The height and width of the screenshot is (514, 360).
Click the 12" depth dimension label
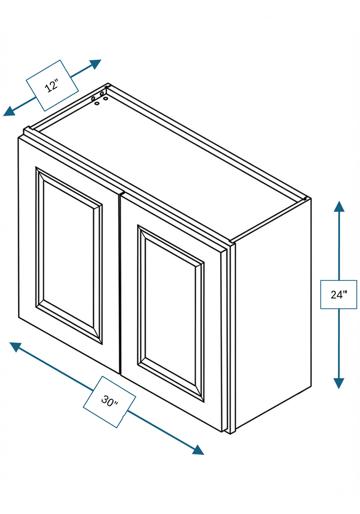point(52,85)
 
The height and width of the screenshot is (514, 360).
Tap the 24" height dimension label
point(339,294)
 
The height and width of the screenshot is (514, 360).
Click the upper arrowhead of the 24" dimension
point(339,206)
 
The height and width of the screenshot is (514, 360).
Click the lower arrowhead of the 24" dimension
point(339,383)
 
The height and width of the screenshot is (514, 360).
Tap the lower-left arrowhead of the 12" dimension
point(9,112)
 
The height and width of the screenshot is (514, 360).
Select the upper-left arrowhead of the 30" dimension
point(15,347)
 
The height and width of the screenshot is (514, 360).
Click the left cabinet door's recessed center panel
point(68,254)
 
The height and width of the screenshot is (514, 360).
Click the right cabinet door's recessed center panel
point(170,312)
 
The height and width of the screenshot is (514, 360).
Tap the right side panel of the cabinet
point(273,314)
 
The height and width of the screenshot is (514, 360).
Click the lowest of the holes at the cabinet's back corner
point(97,104)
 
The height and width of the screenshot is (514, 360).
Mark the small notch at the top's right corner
point(306,199)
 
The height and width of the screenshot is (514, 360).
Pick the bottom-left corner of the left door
point(19,318)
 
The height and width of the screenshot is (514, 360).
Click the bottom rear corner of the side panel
point(311,386)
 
